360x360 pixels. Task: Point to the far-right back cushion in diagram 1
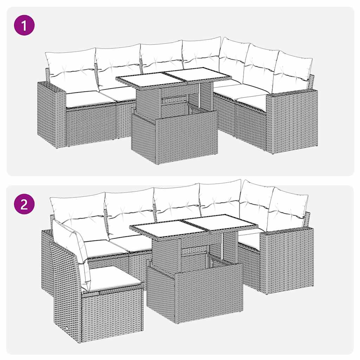292,72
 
